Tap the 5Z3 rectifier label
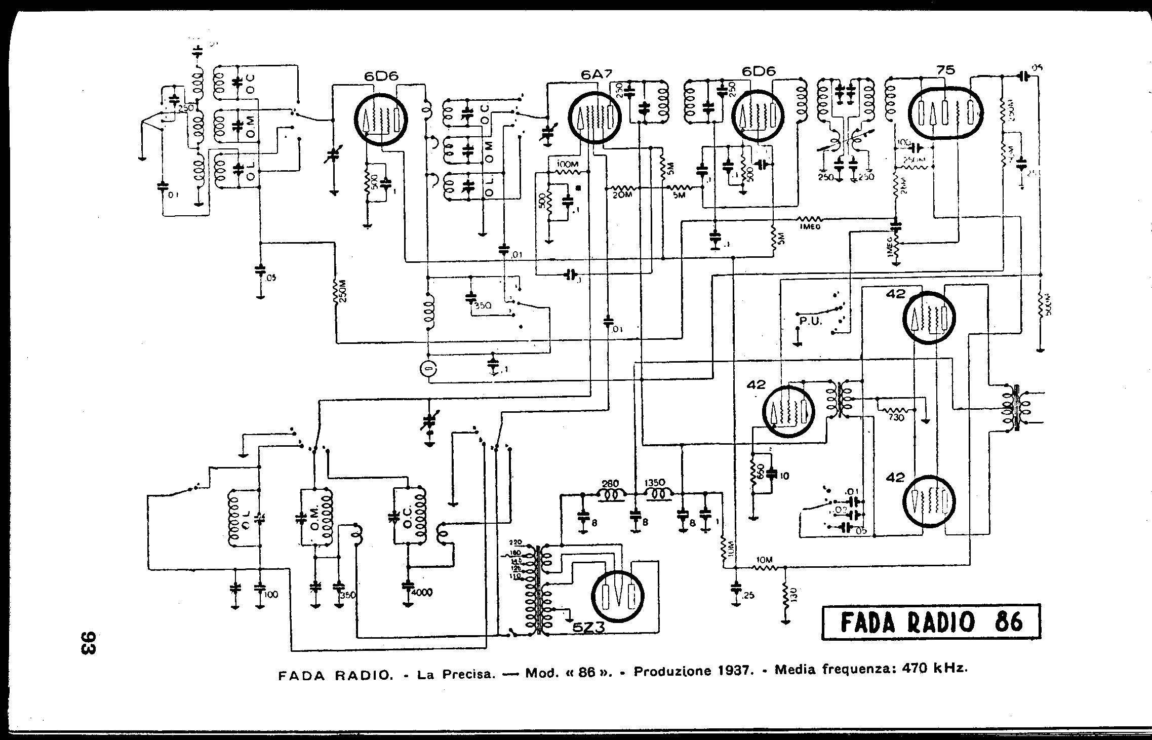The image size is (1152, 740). [589, 628]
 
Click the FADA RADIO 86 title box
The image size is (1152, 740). [931, 622]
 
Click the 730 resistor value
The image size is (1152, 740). [897, 417]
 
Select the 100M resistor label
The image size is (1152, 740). [567, 165]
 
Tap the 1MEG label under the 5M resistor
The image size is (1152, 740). [809, 227]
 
